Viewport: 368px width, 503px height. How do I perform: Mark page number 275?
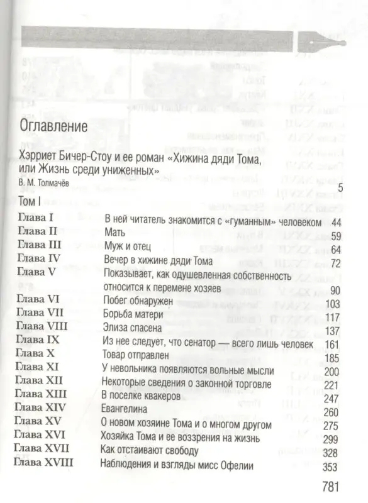332,426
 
